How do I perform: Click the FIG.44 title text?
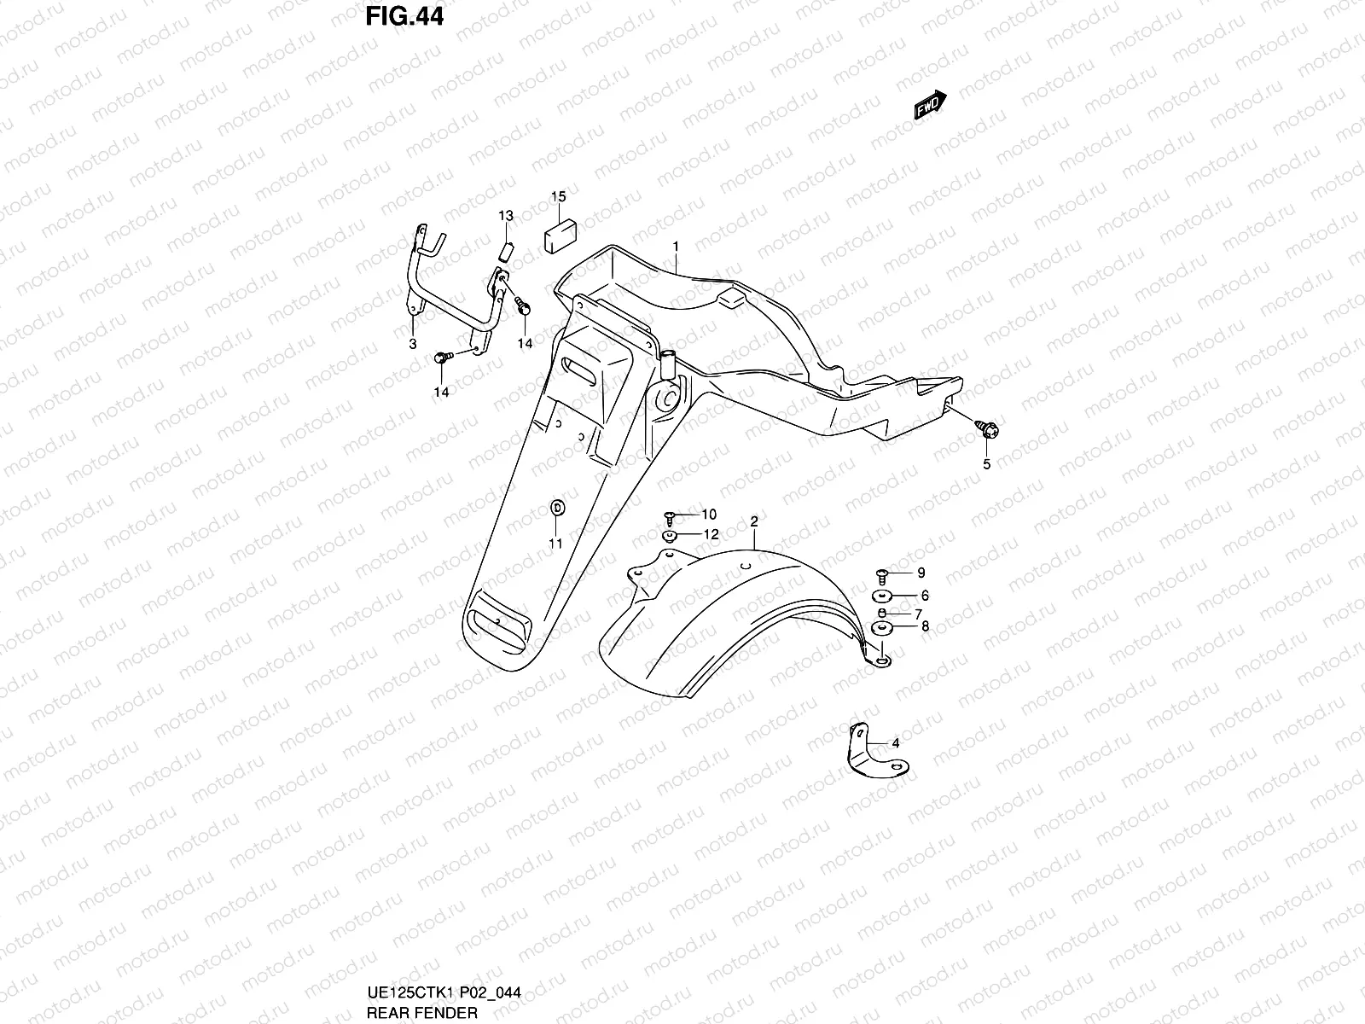[405, 16]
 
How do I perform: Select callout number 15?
[558, 197]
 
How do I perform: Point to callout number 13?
[506, 215]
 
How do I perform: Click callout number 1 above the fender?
[675, 247]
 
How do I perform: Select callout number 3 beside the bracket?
[412, 344]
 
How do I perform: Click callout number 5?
[987, 464]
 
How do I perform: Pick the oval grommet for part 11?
[556, 509]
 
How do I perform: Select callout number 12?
[711, 534]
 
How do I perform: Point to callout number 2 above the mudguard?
[754, 521]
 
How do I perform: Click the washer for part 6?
[881, 596]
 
